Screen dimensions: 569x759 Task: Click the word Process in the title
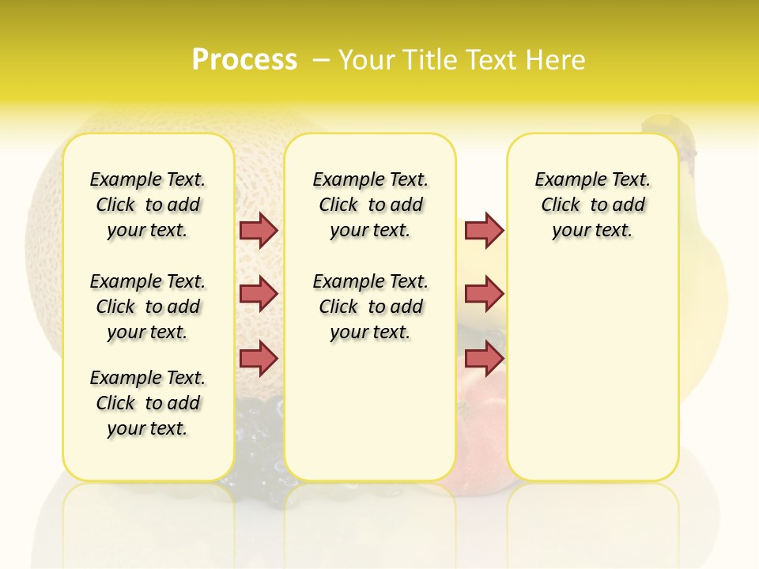pos(244,60)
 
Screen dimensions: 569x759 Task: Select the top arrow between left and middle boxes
pos(259,230)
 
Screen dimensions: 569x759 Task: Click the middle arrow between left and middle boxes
pos(259,294)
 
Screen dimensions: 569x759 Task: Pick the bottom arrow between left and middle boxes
pos(259,358)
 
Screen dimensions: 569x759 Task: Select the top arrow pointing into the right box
pos(484,230)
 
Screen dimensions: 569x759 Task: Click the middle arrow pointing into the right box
pos(484,294)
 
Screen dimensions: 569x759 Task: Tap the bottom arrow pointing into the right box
pos(484,358)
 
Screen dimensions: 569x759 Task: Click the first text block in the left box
pos(148,205)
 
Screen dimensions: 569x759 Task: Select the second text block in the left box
pos(148,307)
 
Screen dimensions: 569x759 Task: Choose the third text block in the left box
pos(148,403)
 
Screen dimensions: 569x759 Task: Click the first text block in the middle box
pos(371,205)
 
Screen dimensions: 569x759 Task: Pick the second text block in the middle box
pos(371,307)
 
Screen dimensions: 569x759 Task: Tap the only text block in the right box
pos(593,205)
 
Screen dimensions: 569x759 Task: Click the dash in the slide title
pos(321,60)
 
